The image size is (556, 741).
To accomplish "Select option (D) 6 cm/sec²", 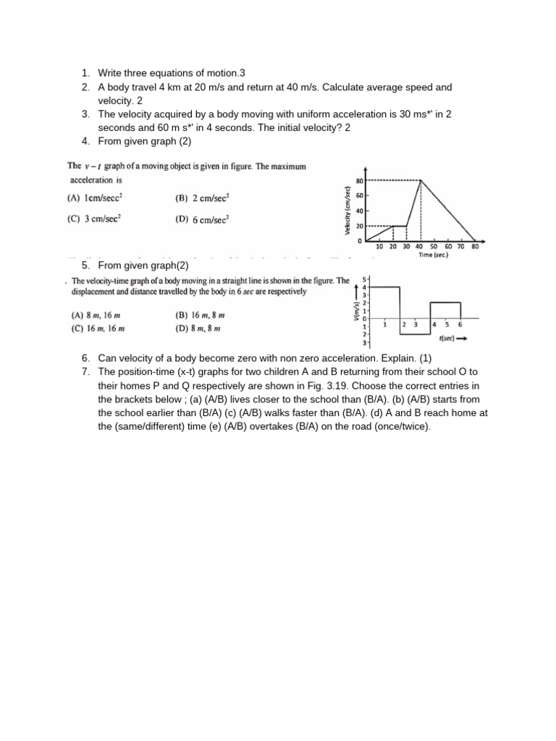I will coord(202,220).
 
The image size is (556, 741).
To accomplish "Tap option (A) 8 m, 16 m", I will coord(96,316).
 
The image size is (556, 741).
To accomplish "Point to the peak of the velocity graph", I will coord(421,180).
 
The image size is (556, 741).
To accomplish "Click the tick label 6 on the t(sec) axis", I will coord(460,325).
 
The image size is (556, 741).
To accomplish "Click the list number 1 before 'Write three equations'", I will coord(85,72).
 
